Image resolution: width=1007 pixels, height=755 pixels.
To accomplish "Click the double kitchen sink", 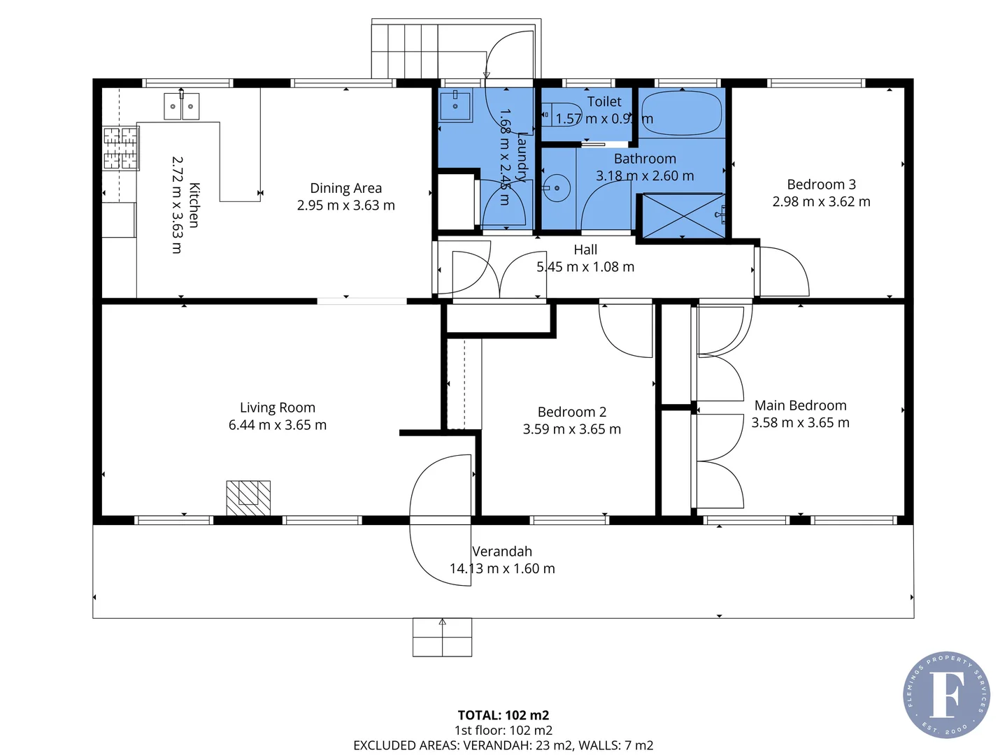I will tap(182, 106).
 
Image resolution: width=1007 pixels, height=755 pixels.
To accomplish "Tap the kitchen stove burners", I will tap(120, 148).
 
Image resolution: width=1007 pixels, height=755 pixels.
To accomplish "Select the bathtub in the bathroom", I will tap(680, 113).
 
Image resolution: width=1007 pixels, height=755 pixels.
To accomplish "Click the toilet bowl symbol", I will tap(556, 113).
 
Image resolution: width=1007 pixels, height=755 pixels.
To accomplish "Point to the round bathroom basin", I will tap(557, 187).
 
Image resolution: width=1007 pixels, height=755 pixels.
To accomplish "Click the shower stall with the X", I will tap(683, 216).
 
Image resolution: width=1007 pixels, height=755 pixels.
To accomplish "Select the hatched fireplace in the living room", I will tap(248, 498).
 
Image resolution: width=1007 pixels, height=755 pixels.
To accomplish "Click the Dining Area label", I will tap(345, 188).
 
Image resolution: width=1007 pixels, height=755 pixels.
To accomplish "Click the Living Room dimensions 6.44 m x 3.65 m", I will tap(278, 425).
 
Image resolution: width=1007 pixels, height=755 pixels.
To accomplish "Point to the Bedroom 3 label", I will tap(821, 185).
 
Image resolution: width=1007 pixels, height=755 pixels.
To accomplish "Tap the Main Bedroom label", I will tap(800, 405).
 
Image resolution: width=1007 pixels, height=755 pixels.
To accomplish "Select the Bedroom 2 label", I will tap(571, 412).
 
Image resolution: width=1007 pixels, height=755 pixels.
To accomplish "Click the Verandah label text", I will tap(502, 552).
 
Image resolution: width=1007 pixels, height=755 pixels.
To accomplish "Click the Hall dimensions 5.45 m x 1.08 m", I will tap(585, 267).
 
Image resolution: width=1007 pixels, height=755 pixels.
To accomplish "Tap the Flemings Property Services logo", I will tap(946, 694).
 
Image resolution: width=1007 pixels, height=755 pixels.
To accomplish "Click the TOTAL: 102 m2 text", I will tap(503, 715).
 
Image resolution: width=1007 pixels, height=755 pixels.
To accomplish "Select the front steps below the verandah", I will tap(442, 637).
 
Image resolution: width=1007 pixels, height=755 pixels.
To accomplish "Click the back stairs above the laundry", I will tap(406, 50).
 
